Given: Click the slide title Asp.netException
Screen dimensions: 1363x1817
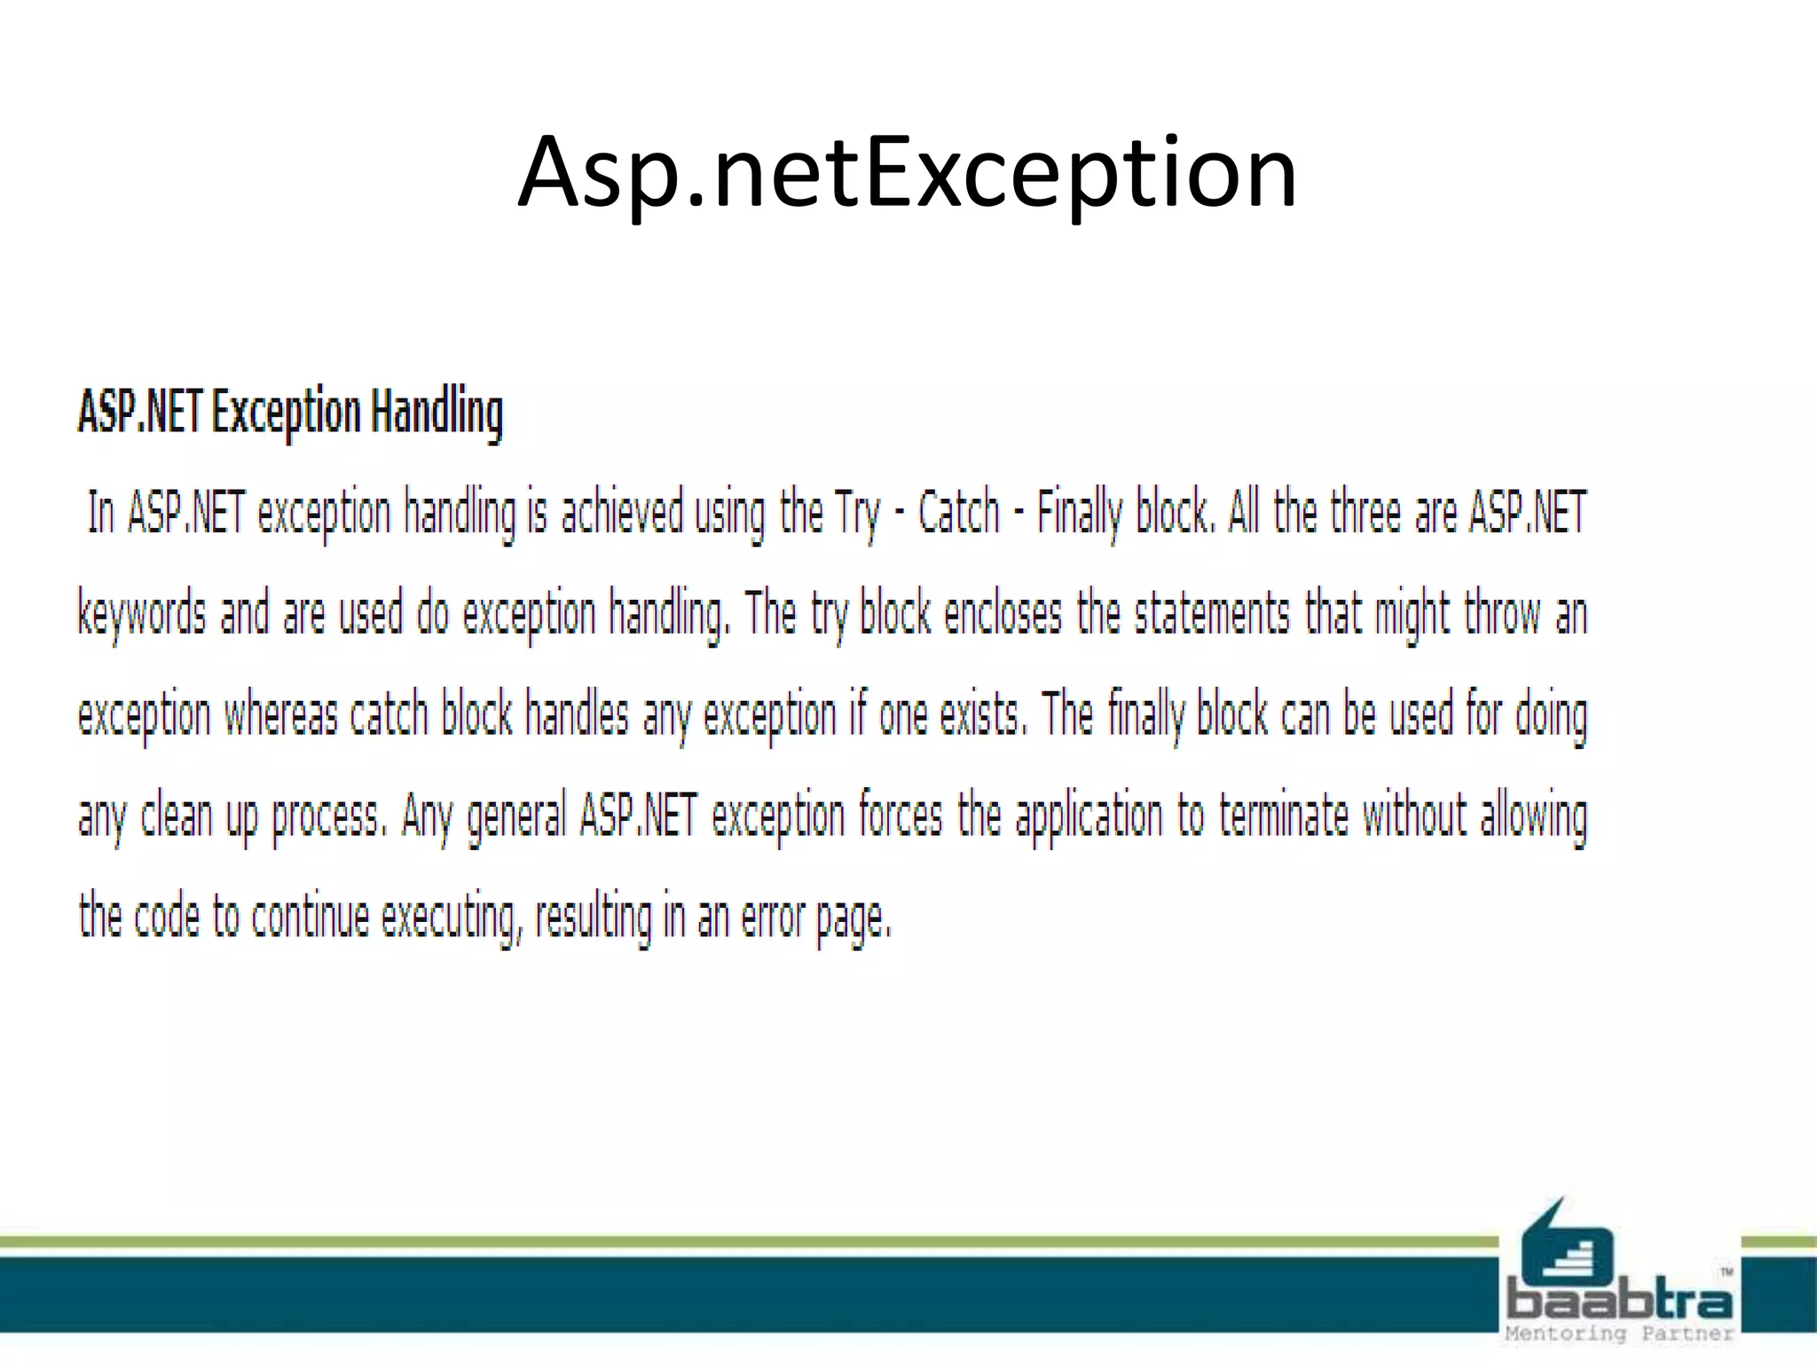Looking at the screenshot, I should coord(907,172).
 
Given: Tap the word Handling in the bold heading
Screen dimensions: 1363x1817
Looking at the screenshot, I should coord(437,413).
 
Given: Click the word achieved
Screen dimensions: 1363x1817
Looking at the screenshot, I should coord(622,513).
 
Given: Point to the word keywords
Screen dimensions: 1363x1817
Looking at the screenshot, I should coord(142,614).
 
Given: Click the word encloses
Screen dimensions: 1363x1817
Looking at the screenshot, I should coord(1003,614).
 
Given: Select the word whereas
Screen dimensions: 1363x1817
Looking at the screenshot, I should coord(280,715).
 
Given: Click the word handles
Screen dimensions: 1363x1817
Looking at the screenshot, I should coord(577,715).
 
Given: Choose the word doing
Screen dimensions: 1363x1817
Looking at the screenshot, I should coord(1550,715).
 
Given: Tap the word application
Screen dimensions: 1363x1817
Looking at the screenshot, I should coord(1089,816).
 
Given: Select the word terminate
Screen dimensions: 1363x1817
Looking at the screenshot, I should coord(1284,816).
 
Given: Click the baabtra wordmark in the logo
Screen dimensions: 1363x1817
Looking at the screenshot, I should coord(1619,1301).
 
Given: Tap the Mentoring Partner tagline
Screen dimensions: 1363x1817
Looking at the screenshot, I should coord(1619,1334).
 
